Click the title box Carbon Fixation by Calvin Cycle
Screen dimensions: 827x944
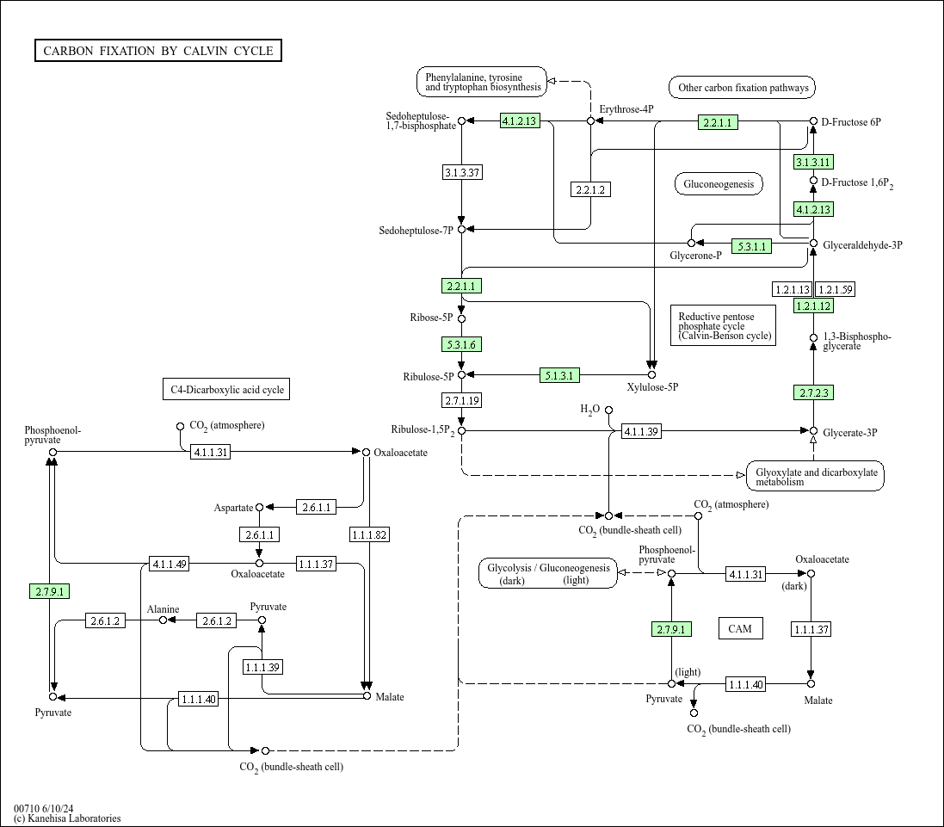158,51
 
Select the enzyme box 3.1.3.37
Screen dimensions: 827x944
462,172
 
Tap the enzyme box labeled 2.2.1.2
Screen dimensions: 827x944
590,189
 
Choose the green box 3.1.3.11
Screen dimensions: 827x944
813,162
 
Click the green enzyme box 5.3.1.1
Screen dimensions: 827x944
751,246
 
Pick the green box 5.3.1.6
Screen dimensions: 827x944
462,344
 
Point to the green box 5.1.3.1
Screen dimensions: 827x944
560,375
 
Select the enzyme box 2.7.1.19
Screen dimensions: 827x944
462,400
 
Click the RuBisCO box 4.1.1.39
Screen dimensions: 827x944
641,431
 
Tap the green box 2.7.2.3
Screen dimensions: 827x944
813,393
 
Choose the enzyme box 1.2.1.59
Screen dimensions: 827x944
835,289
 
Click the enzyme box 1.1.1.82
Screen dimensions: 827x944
369,535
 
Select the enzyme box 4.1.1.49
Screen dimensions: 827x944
169,565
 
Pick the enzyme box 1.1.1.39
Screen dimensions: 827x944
262,667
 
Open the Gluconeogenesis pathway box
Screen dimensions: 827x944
719,183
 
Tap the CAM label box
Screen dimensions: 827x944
740,629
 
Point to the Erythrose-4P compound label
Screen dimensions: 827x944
626,109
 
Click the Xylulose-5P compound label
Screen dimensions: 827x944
652,387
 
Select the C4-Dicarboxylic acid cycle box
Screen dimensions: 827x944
226,390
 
